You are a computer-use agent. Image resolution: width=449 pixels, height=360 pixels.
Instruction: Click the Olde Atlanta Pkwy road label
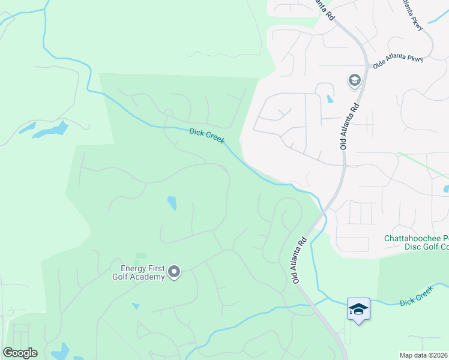397,62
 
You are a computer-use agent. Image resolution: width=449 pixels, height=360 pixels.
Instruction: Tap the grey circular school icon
354,80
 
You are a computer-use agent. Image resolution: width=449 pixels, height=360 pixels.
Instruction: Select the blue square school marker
358,310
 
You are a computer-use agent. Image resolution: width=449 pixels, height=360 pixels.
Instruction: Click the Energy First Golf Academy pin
174,272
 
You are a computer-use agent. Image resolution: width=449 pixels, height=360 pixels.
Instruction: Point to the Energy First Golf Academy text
138,272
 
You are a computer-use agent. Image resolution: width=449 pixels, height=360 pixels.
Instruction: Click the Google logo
20,353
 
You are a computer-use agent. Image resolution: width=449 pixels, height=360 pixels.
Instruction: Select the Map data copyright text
424,355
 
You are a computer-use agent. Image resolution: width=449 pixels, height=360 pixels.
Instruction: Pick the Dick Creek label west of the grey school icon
206,136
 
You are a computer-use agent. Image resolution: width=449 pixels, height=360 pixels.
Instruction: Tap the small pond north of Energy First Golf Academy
172,203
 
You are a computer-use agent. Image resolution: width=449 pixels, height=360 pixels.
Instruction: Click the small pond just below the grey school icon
330,99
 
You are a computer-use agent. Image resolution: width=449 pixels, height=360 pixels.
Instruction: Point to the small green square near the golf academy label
141,256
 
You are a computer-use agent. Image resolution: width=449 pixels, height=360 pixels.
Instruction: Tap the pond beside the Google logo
60,351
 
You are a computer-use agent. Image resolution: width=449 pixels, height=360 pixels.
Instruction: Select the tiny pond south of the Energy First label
136,306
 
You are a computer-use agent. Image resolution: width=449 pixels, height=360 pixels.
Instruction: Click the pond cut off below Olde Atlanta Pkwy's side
446,189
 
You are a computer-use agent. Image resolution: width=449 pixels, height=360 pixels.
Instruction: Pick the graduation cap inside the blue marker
358,308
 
